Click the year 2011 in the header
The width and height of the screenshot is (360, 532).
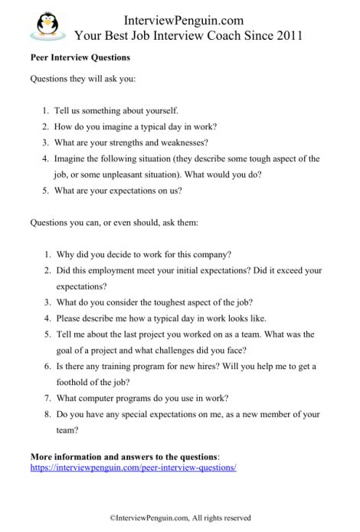(x=286, y=34)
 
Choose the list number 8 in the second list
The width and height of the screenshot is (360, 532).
(x=47, y=414)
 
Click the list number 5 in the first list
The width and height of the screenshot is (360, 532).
(x=47, y=190)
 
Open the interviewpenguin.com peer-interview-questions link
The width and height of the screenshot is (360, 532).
(x=133, y=467)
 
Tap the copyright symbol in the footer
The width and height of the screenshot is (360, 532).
(x=113, y=518)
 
